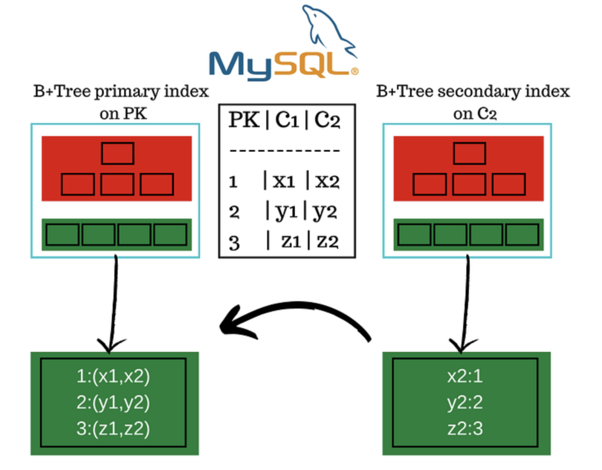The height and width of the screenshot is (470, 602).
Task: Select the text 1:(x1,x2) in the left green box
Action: point(114,377)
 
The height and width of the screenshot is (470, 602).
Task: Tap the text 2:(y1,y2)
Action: point(114,403)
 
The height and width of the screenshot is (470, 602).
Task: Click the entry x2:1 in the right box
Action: point(465,377)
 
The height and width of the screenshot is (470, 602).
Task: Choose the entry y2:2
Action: point(465,403)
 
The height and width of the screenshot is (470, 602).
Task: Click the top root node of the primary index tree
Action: point(117,153)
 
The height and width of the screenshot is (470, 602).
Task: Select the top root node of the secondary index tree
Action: point(469,153)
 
